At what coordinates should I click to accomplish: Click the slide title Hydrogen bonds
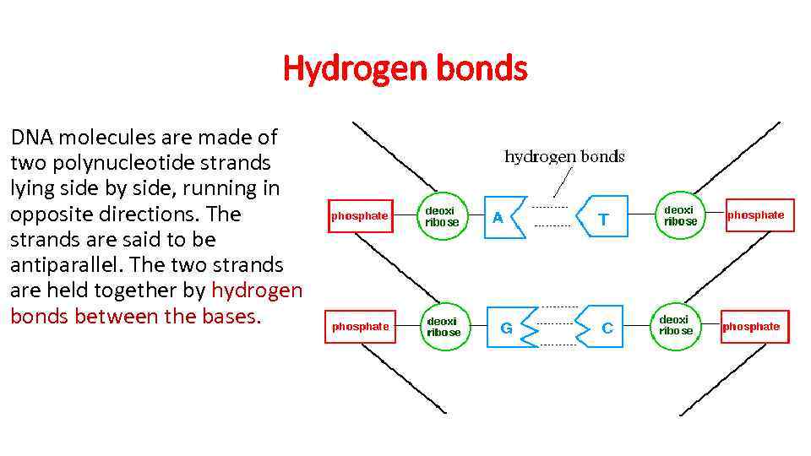click(x=405, y=68)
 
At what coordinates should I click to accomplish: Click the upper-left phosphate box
click(x=359, y=216)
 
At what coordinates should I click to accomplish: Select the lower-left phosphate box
click(x=360, y=327)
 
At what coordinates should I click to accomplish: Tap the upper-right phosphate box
click(x=755, y=215)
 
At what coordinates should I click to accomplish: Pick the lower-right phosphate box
click(x=751, y=327)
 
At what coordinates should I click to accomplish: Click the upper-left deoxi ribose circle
click(x=442, y=216)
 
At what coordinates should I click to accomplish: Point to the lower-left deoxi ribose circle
click(x=444, y=327)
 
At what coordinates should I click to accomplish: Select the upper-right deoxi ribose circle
click(x=680, y=215)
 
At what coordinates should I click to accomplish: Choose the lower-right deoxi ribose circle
click(x=675, y=325)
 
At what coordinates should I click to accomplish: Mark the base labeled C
click(x=605, y=328)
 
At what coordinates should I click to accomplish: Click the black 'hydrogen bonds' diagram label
click(x=564, y=156)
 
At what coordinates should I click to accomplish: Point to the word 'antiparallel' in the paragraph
click(x=63, y=265)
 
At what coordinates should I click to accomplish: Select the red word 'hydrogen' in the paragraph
click(x=256, y=291)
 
